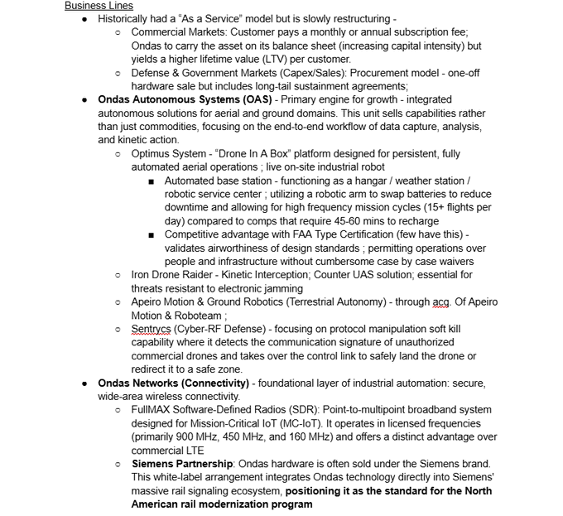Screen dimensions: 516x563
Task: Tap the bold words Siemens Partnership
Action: pos(185,463)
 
